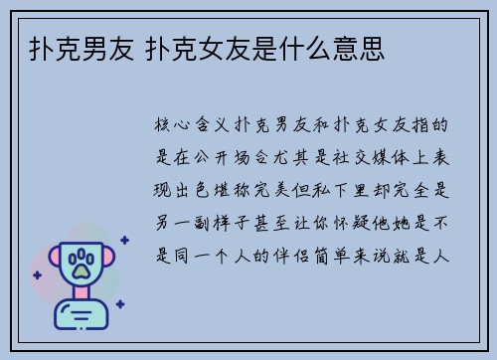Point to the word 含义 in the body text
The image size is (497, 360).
click(212, 127)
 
